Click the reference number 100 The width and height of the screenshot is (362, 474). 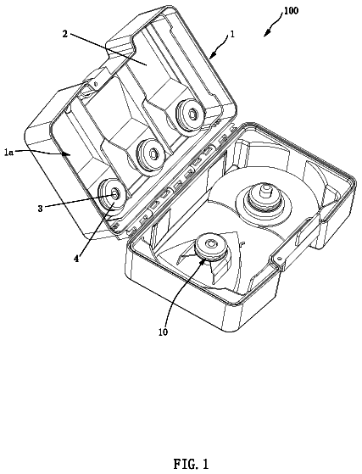point(291,10)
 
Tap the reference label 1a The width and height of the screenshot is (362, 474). point(9,153)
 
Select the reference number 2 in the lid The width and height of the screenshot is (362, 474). point(65,34)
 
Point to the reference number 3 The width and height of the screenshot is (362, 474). point(40,209)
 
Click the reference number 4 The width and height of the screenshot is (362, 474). point(77,259)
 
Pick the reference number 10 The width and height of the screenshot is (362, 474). point(163,332)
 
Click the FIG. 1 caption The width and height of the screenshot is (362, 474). point(191,464)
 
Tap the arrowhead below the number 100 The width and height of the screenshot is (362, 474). point(266,34)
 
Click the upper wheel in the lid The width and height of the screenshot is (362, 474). point(189,114)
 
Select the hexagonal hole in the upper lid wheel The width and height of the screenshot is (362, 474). point(192,113)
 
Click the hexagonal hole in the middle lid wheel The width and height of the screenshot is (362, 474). point(153,153)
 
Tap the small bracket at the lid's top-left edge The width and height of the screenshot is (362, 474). point(91,86)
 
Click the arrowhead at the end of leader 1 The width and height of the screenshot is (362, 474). point(211,55)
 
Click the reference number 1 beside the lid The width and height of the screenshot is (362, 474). point(232,34)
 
